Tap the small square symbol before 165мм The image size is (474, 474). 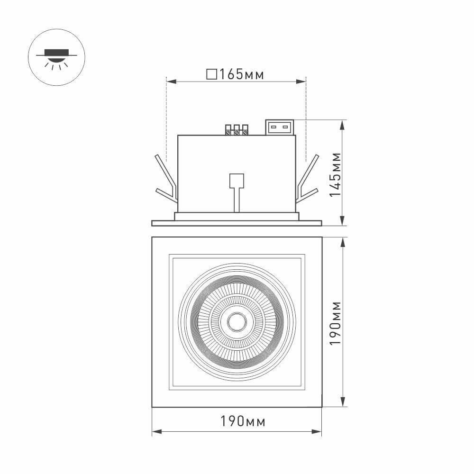(212, 74)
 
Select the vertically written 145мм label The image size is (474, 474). (335, 175)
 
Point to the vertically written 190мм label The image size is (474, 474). (335, 322)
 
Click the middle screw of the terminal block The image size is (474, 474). (237, 132)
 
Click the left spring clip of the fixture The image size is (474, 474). (166, 180)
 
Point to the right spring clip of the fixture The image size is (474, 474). (307, 180)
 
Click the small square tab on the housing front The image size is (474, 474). (236, 181)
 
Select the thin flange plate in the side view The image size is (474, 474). (237, 223)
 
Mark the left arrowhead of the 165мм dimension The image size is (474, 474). (170, 82)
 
